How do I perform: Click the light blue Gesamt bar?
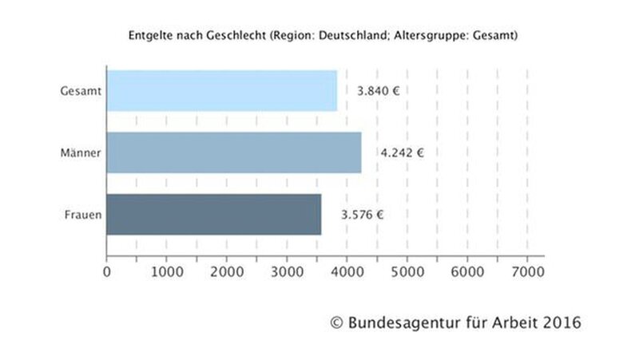[221, 90]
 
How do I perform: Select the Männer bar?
[233, 152]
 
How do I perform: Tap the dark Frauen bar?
[213, 214]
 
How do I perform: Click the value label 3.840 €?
[378, 90]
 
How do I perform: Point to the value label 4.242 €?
[402, 152]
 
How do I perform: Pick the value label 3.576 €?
[363, 214]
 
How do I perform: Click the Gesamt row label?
[81, 90]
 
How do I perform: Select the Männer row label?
[81, 152]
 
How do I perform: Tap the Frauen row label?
[82, 214]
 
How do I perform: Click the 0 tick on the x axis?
[107, 271]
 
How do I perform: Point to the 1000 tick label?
[166, 271]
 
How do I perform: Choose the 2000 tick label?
[226, 271]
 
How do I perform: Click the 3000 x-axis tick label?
[286, 271]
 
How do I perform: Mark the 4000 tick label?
[347, 271]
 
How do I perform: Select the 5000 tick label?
[407, 271]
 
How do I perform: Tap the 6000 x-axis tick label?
[466, 271]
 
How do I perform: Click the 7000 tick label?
[527, 271]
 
